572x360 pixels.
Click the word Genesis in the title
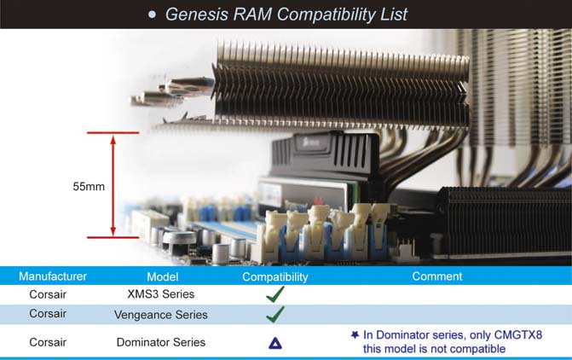(x=197, y=15)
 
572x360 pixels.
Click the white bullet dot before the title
(x=152, y=15)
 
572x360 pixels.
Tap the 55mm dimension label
(x=89, y=187)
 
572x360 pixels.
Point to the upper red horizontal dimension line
(x=113, y=132)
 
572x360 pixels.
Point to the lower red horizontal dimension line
(x=113, y=237)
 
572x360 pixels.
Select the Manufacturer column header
(x=53, y=276)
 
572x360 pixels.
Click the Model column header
(x=162, y=276)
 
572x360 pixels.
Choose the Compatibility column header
(x=275, y=277)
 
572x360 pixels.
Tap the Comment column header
(x=437, y=276)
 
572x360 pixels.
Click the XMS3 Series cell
(x=161, y=294)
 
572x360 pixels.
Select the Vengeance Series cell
(x=161, y=315)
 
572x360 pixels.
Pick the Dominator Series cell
(x=161, y=342)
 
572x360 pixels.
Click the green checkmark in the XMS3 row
(x=275, y=294)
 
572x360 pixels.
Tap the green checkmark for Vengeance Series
(x=275, y=315)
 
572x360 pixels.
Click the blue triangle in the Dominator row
(x=275, y=343)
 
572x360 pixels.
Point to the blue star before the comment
(x=355, y=334)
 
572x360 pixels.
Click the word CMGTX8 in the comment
(x=518, y=334)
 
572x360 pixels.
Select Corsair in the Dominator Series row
(x=48, y=342)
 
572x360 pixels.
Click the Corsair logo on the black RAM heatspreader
(x=311, y=142)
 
